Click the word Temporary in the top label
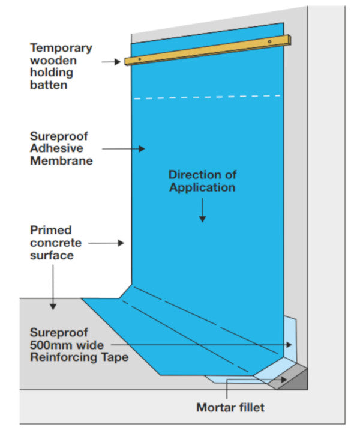(x=61, y=47)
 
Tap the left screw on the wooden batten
(x=139, y=59)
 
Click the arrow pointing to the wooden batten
(x=111, y=61)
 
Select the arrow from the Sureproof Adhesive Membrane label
(x=124, y=148)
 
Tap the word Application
(x=202, y=187)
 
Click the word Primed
(x=50, y=230)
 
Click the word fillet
(x=250, y=408)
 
